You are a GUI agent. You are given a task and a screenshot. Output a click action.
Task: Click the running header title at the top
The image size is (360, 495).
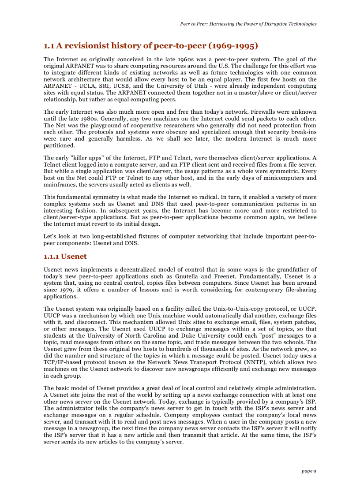click(248, 24)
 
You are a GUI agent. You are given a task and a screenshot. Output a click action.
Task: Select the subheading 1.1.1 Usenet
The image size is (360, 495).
click(65, 257)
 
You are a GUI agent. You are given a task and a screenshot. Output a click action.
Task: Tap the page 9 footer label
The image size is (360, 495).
click(309, 471)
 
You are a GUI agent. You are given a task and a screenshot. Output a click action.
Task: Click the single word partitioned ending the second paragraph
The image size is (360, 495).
click(59, 145)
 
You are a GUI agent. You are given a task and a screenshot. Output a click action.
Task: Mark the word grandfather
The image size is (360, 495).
click(289, 269)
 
